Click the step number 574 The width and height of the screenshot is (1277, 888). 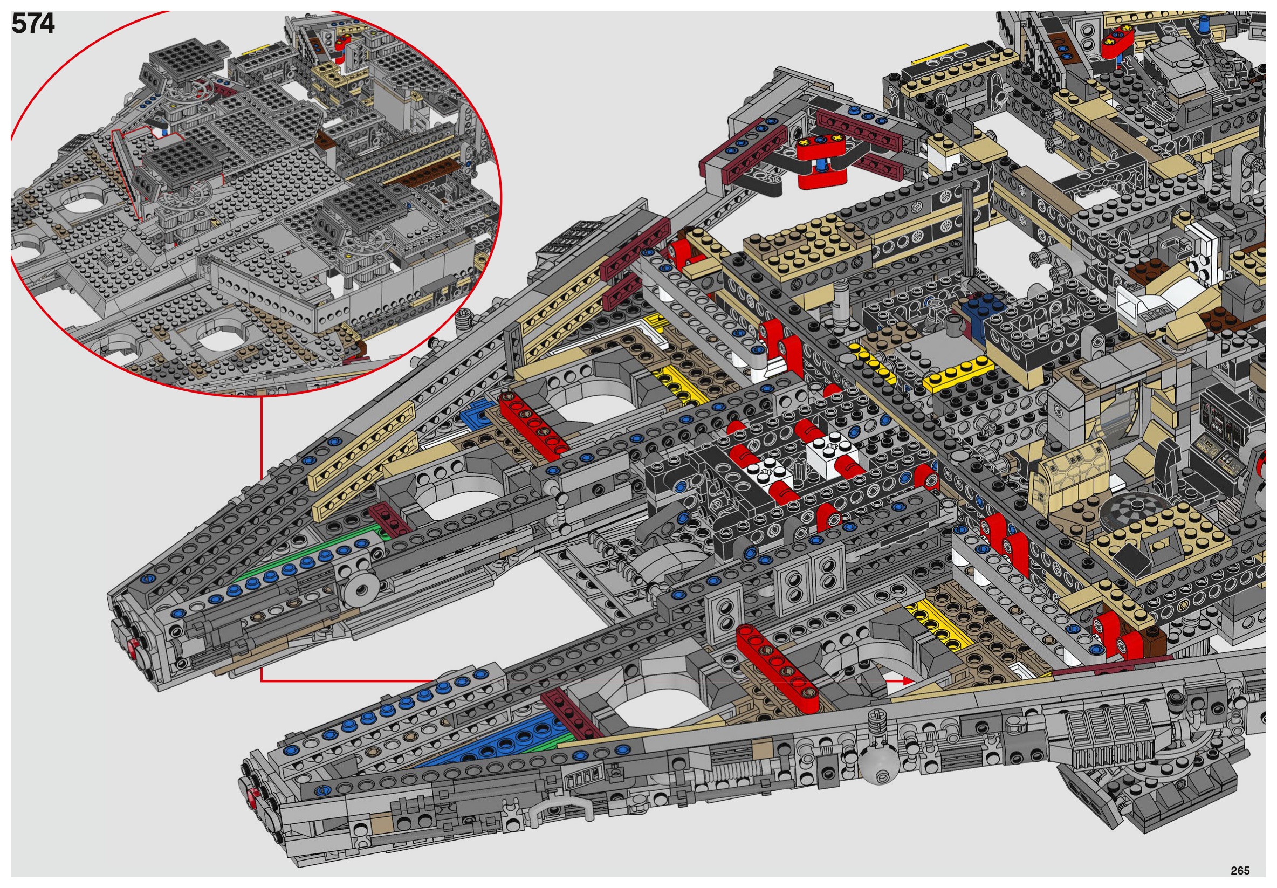(x=33, y=24)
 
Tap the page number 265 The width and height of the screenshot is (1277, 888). (x=1240, y=870)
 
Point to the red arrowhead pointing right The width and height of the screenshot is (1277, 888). (x=907, y=680)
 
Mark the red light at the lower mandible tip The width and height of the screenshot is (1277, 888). (x=253, y=794)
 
